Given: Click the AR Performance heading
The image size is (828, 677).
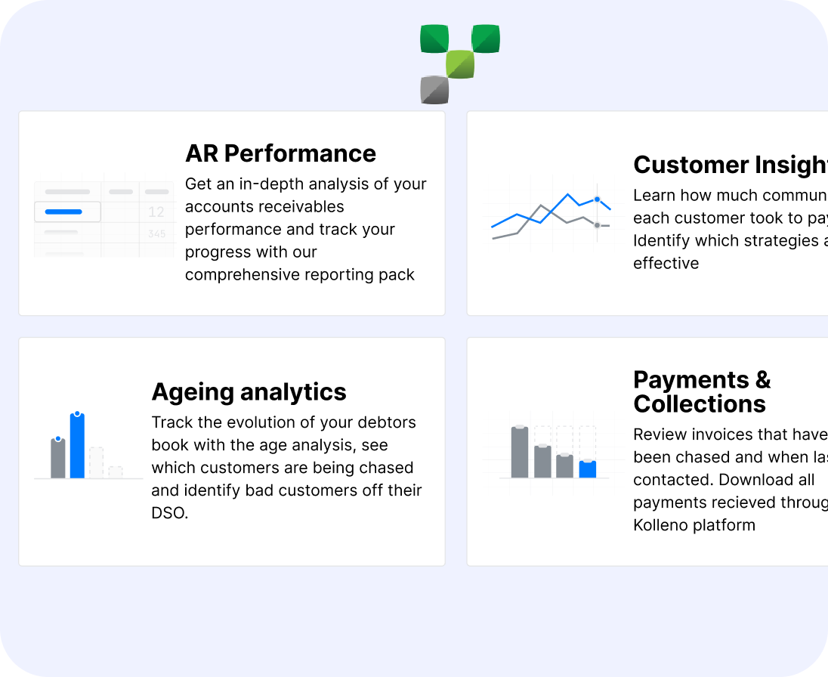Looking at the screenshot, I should point(280,153).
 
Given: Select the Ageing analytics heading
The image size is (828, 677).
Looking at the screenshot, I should point(249,392).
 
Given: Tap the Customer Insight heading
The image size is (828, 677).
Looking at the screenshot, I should point(730,165).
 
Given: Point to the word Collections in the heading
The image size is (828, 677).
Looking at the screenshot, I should point(700,404).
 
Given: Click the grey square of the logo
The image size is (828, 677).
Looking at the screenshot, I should point(434,90).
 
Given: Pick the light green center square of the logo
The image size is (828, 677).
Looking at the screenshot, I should point(460,64).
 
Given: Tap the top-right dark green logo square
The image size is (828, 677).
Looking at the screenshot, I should point(486,39).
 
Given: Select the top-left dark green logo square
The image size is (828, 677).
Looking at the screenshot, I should point(434,39).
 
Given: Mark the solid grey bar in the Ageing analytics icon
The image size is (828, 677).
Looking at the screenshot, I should point(58,458).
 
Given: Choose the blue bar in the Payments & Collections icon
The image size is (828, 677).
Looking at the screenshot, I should point(588,469).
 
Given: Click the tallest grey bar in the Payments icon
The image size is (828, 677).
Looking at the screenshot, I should point(520,452).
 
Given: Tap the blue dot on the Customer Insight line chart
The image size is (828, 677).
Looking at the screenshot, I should point(597,199).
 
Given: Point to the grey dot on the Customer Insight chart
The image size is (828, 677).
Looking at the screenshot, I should point(597,225).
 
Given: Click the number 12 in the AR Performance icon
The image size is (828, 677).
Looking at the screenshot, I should point(156,212).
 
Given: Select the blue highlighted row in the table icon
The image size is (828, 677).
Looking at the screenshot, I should point(67,212).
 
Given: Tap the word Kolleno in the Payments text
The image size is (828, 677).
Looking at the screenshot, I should point(665,525).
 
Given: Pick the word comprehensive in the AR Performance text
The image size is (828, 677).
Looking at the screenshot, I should point(240,275).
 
